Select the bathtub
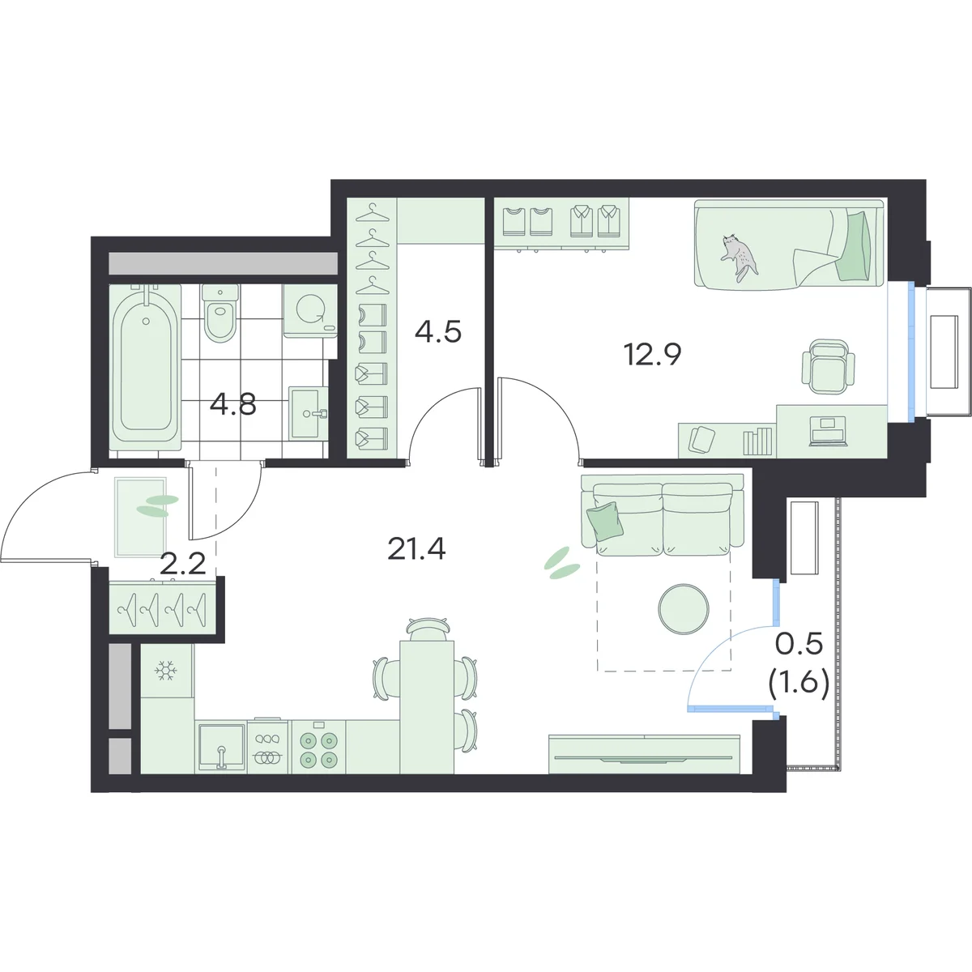click(145, 367)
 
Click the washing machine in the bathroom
click(310, 310)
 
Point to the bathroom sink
click(308, 412)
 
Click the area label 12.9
click(653, 354)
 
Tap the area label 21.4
click(416, 549)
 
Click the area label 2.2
click(182, 564)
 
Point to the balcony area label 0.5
click(799, 646)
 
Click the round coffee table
click(683, 607)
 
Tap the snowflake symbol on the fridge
click(166, 671)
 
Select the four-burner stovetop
click(318, 748)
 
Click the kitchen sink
click(221, 747)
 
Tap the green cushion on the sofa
click(605, 522)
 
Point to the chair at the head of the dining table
click(427, 629)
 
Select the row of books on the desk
click(757, 441)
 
